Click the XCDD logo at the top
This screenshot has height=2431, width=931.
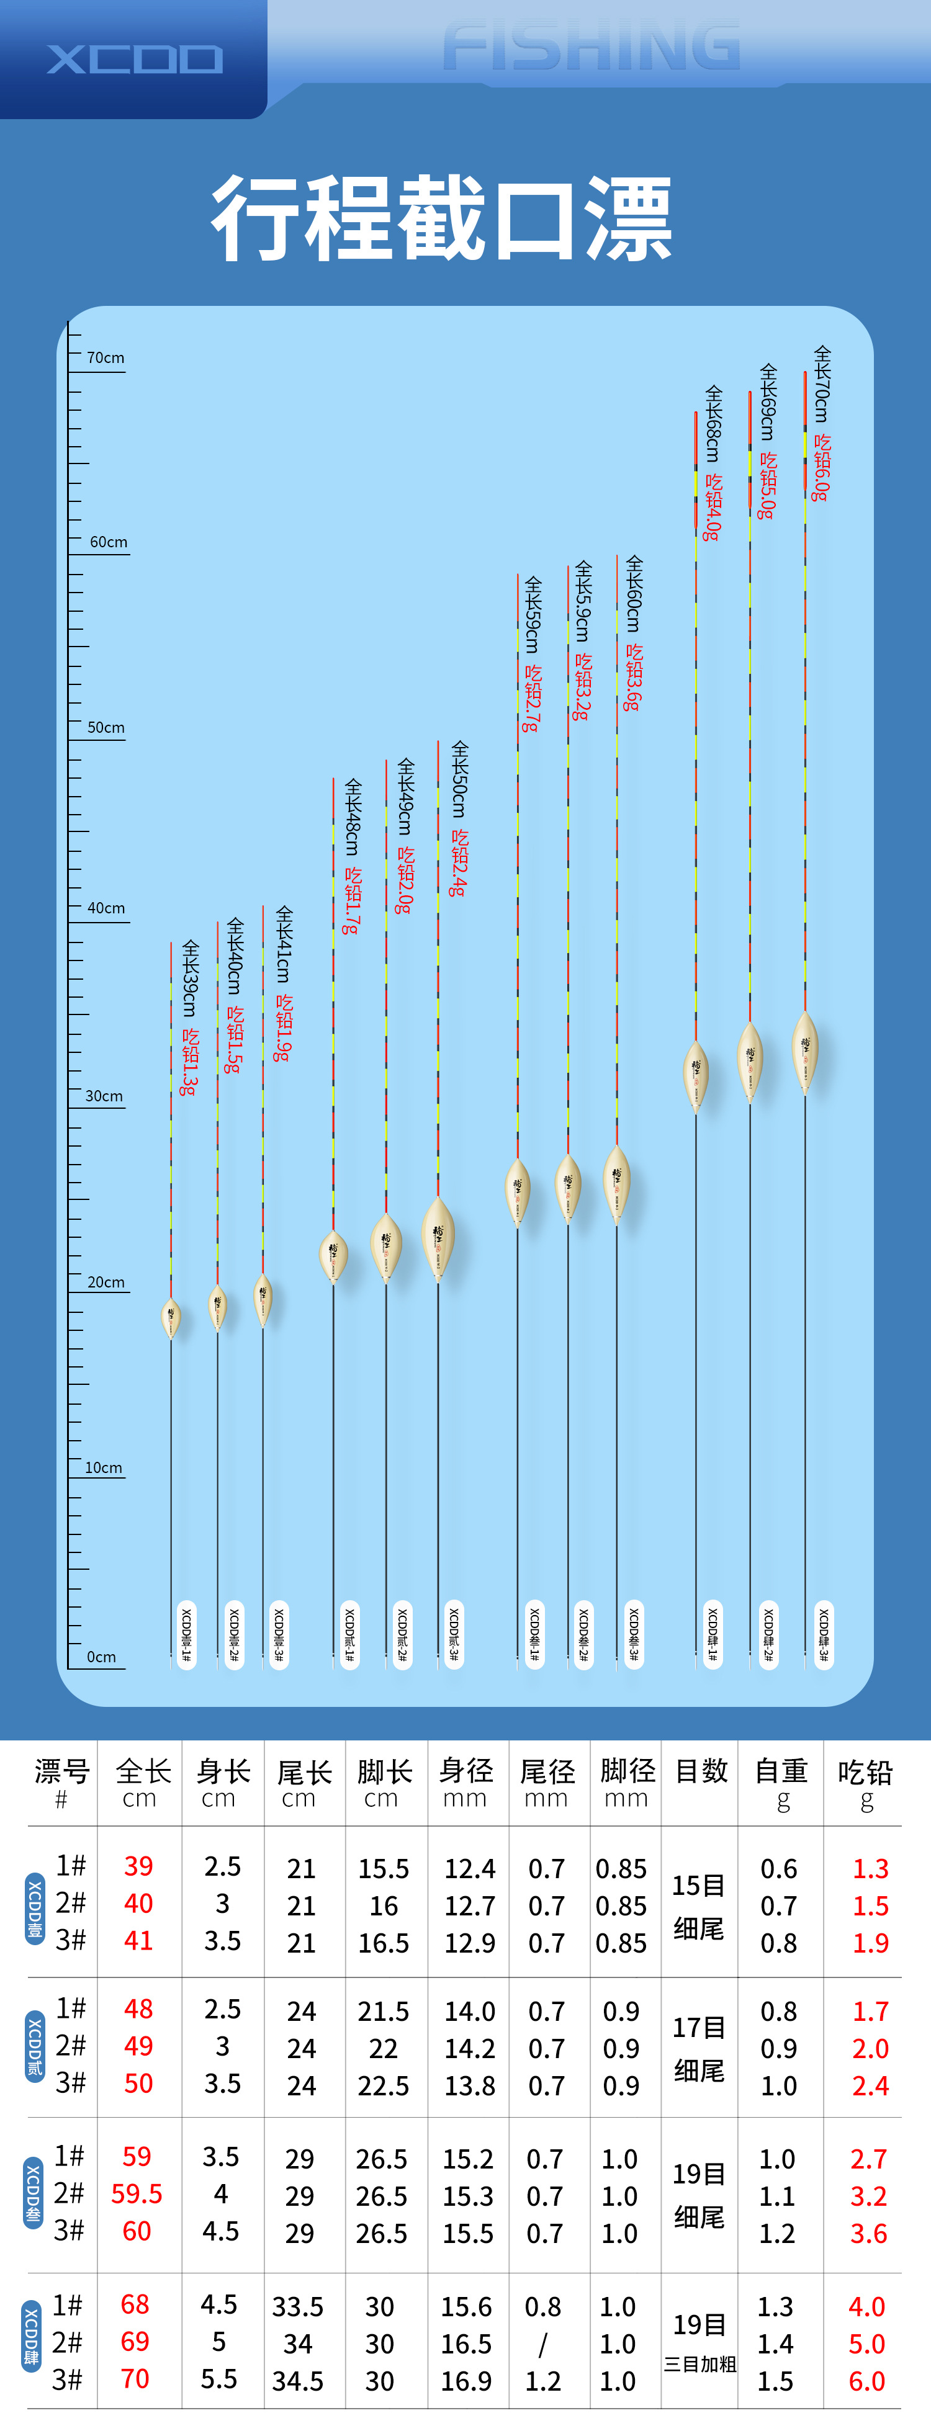click(135, 60)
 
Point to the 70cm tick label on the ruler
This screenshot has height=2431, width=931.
click(106, 357)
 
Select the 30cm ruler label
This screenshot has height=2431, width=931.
click(104, 1096)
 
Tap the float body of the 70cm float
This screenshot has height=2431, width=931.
click(804, 1050)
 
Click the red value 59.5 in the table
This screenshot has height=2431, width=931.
click(137, 2193)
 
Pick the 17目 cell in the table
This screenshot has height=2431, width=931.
click(699, 2027)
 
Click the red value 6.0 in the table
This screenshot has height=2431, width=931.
click(867, 2380)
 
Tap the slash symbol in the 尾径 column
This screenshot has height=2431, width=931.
click(543, 2344)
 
